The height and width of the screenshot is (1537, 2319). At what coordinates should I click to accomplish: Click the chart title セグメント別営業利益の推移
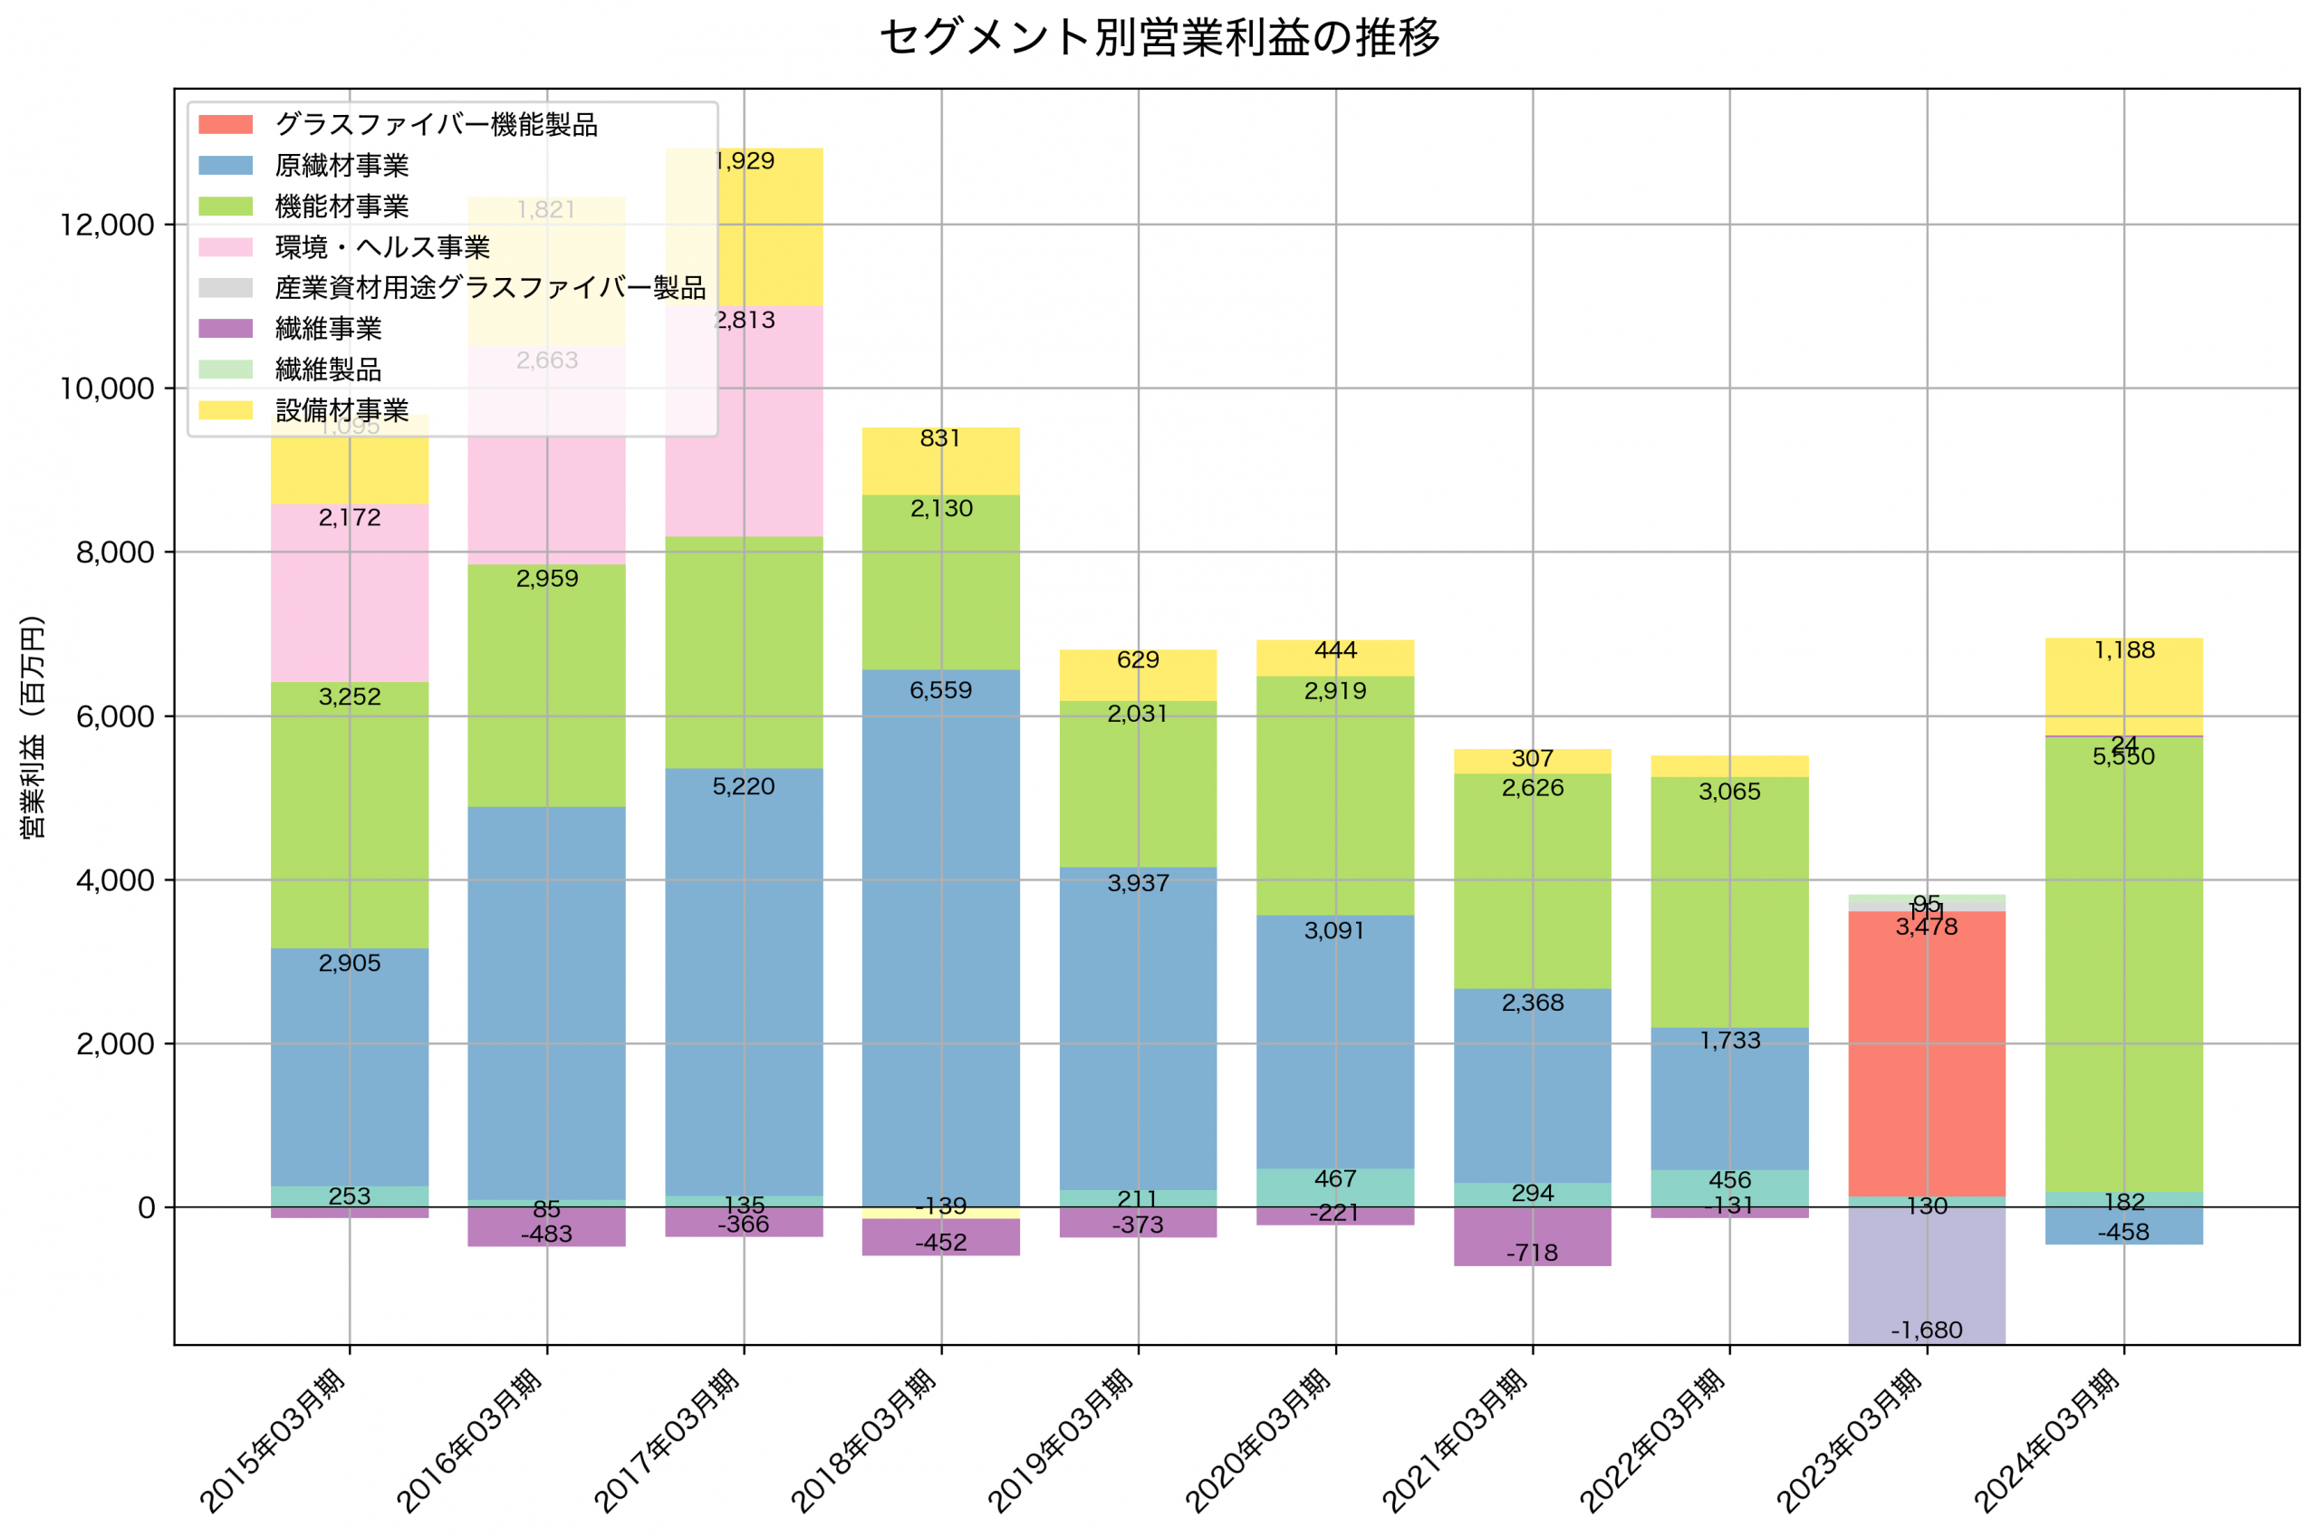[1159, 37]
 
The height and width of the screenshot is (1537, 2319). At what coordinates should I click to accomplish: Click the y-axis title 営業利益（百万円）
[33, 726]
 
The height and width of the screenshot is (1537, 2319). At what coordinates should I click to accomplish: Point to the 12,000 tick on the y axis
[107, 225]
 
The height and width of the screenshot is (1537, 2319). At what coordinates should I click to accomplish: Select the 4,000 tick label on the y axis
[115, 880]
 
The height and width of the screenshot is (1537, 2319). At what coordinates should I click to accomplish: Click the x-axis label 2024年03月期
[2047, 1441]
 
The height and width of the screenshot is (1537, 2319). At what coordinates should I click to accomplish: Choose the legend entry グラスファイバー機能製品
[436, 124]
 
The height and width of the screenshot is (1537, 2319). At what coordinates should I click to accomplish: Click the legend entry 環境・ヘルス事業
[382, 247]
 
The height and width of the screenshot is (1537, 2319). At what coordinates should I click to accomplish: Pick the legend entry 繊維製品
[328, 370]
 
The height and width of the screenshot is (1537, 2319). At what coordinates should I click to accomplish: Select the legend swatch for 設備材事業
[226, 410]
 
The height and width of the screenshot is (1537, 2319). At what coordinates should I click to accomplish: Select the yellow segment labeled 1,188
[2123, 687]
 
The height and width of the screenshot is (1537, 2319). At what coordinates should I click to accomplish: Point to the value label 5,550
[2123, 757]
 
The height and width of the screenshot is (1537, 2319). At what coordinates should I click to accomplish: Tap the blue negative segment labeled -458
[2123, 1226]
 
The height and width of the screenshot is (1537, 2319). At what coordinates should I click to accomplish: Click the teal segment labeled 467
[1335, 1187]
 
